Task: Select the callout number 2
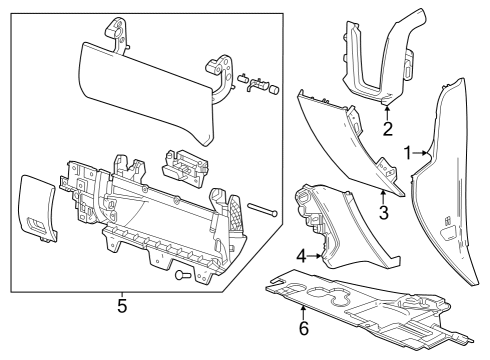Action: pyautogui.click(x=387, y=128)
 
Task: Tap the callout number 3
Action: pyautogui.click(x=382, y=211)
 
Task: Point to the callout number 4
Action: pyautogui.click(x=301, y=256)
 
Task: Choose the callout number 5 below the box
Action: pyautogui.click(x=121, y=304)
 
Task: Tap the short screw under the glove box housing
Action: pyautogui.click(x=182, y=273)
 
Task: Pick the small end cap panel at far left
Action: pyautogui.click(x=36, y=207)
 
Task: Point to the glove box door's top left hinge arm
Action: pyautogui.click(x=117, y=36)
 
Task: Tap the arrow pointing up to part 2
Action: pyautogui.click(x=387, y=106)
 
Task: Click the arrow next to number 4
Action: pyautogui.click(x=317, y=256)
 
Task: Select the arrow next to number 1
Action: pyautogui.click(x=424, y=152)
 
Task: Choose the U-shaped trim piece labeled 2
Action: pyautogui.click(x=375, y=60)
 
